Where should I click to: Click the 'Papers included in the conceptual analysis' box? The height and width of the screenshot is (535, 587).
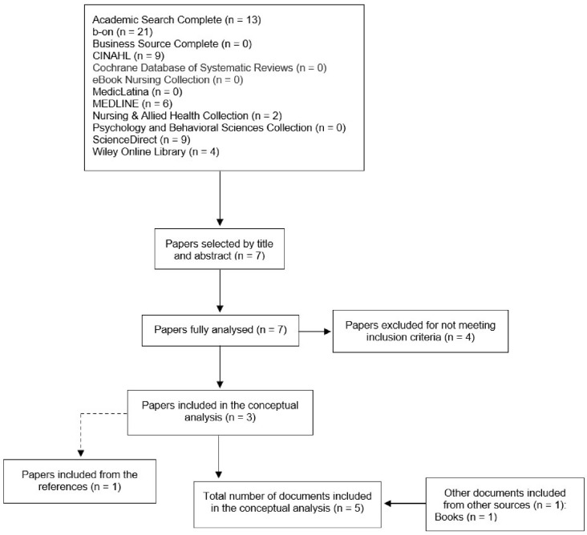pyautogui.click(x=219, y=412)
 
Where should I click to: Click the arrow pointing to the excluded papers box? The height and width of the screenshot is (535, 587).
pyautogui.click(x=314, y=332)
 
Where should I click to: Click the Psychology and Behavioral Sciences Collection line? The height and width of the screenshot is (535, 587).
pyautogui.click(x=217, y=127)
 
